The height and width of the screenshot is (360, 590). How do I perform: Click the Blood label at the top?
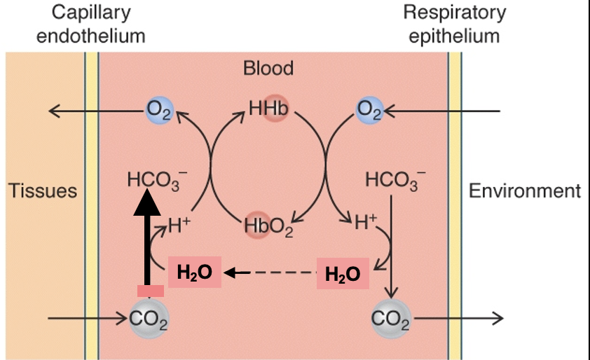point(268,68)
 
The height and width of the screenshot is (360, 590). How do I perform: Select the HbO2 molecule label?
point(269,226)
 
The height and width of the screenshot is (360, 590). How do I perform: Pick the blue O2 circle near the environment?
point(369,110)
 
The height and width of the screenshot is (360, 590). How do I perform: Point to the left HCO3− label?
point(153,181)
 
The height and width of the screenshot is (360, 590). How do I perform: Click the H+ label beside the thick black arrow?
point(180,226)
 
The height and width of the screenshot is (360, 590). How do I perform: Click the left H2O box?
point(195,272)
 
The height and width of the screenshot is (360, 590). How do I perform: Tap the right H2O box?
point(343,274)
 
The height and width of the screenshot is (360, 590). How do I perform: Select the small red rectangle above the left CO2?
point(150,291)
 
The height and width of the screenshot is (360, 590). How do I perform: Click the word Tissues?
point(42,191)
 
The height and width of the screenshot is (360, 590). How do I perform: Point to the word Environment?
point(524,191)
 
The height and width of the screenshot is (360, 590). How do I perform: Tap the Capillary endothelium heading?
point(91,25)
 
